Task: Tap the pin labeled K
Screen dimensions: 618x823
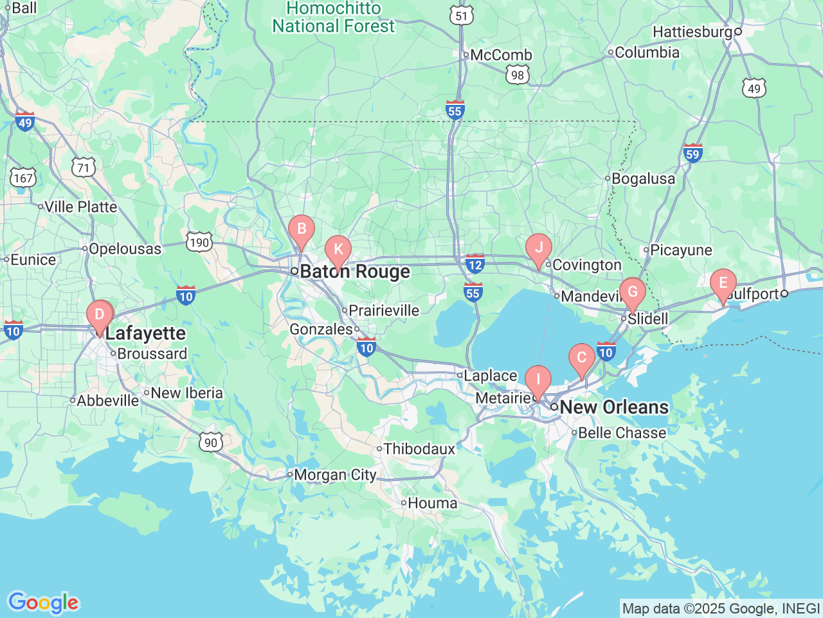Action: point(338,250)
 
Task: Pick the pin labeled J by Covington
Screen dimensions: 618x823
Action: point(539,248)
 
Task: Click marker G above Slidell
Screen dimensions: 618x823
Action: point(633,292)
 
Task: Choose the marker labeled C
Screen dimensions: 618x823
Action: point(581,359)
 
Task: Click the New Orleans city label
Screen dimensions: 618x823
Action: point(614,407)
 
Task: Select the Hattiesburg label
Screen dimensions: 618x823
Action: point(692,32)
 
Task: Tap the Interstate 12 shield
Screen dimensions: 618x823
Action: point(475,264)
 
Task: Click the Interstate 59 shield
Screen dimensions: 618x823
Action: point(692,153)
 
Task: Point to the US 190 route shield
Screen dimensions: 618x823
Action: point(199,243)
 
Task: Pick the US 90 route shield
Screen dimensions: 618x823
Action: point(211,442)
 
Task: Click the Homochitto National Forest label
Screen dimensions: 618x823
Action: point(333,17)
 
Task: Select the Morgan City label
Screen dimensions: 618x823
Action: point(334,475)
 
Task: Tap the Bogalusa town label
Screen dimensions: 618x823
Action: point(643,179)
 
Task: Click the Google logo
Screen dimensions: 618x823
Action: point(43,603)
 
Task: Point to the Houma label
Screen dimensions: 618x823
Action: point(432,503)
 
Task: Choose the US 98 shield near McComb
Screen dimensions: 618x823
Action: point(518,75)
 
